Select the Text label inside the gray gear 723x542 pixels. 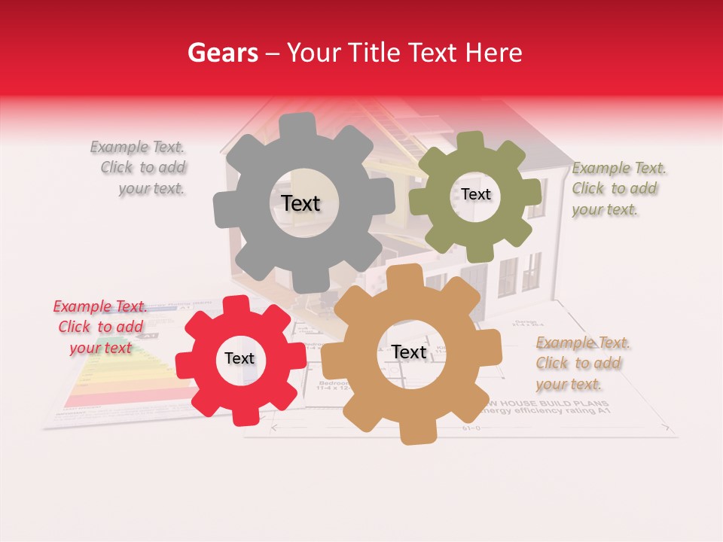click(300, 203)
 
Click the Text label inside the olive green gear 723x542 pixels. click(475, 194)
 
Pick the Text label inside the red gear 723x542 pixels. click(239, 358)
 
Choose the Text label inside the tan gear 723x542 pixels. click(409, 352)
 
